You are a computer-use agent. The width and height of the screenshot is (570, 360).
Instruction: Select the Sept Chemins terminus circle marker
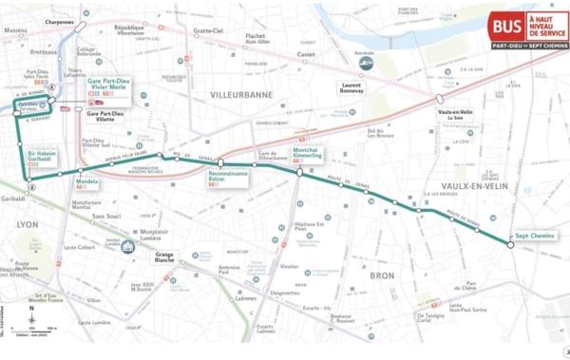tap(510, 245)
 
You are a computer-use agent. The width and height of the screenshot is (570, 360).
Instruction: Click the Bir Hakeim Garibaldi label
tap(44, 158)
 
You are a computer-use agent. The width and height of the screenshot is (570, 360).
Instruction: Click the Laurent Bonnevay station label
tap(351, 88)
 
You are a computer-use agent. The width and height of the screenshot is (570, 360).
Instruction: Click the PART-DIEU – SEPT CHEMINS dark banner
tap(529, 45)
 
